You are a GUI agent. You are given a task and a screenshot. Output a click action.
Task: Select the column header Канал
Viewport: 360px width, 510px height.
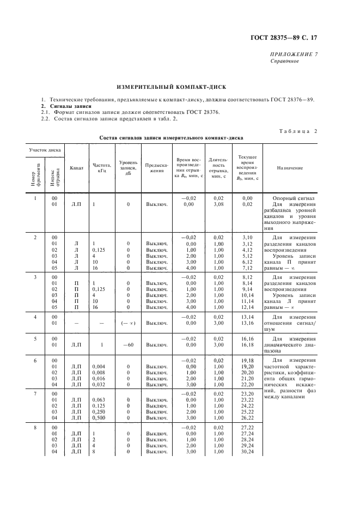pos(76,168)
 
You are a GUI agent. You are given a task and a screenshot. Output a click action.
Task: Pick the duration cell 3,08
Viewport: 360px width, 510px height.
pos(218,204)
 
